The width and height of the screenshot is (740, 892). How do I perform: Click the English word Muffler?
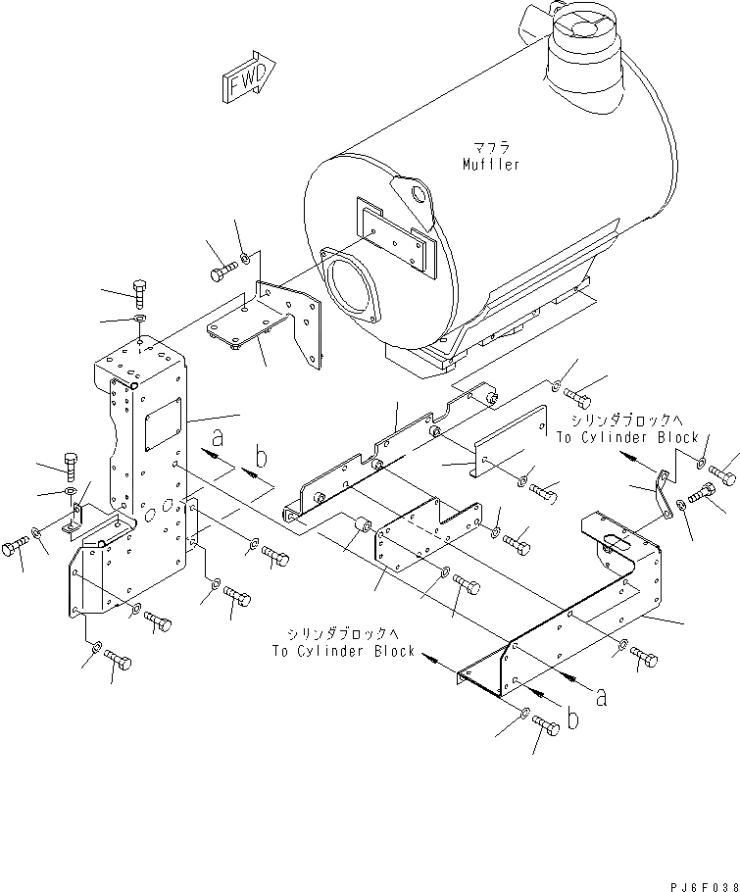point(491,165)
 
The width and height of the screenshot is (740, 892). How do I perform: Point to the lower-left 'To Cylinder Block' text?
point(345,651)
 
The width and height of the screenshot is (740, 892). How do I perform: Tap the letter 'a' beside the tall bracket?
point(218,437)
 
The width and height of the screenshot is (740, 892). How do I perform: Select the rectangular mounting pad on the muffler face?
point(391,234)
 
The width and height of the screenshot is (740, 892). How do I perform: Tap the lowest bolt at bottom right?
point(547,727)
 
